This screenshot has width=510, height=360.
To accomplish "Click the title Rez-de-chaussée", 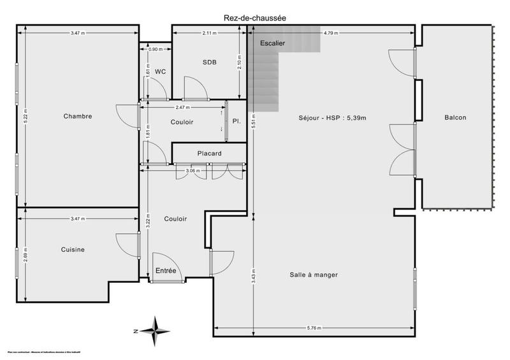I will (x=255, y=18).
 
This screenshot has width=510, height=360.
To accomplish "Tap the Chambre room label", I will (x=78, y=117).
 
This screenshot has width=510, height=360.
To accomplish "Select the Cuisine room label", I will (x=73, y=250).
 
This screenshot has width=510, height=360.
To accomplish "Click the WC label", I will (x=160, y=71).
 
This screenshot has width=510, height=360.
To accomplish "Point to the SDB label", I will (x=209, y=62).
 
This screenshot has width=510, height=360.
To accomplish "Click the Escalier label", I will (x=272, y=43).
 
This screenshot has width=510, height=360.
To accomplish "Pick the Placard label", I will (x=209, y=154).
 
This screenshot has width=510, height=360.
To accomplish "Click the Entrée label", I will (x=166, y=271).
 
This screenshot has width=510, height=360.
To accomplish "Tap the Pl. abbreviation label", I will (x=236, y=122).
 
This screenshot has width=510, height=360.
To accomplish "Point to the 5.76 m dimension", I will (x=315, y=328).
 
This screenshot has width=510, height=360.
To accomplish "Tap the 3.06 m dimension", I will (x=193, y=171).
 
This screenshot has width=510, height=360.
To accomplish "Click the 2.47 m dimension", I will (x=183, y=108).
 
